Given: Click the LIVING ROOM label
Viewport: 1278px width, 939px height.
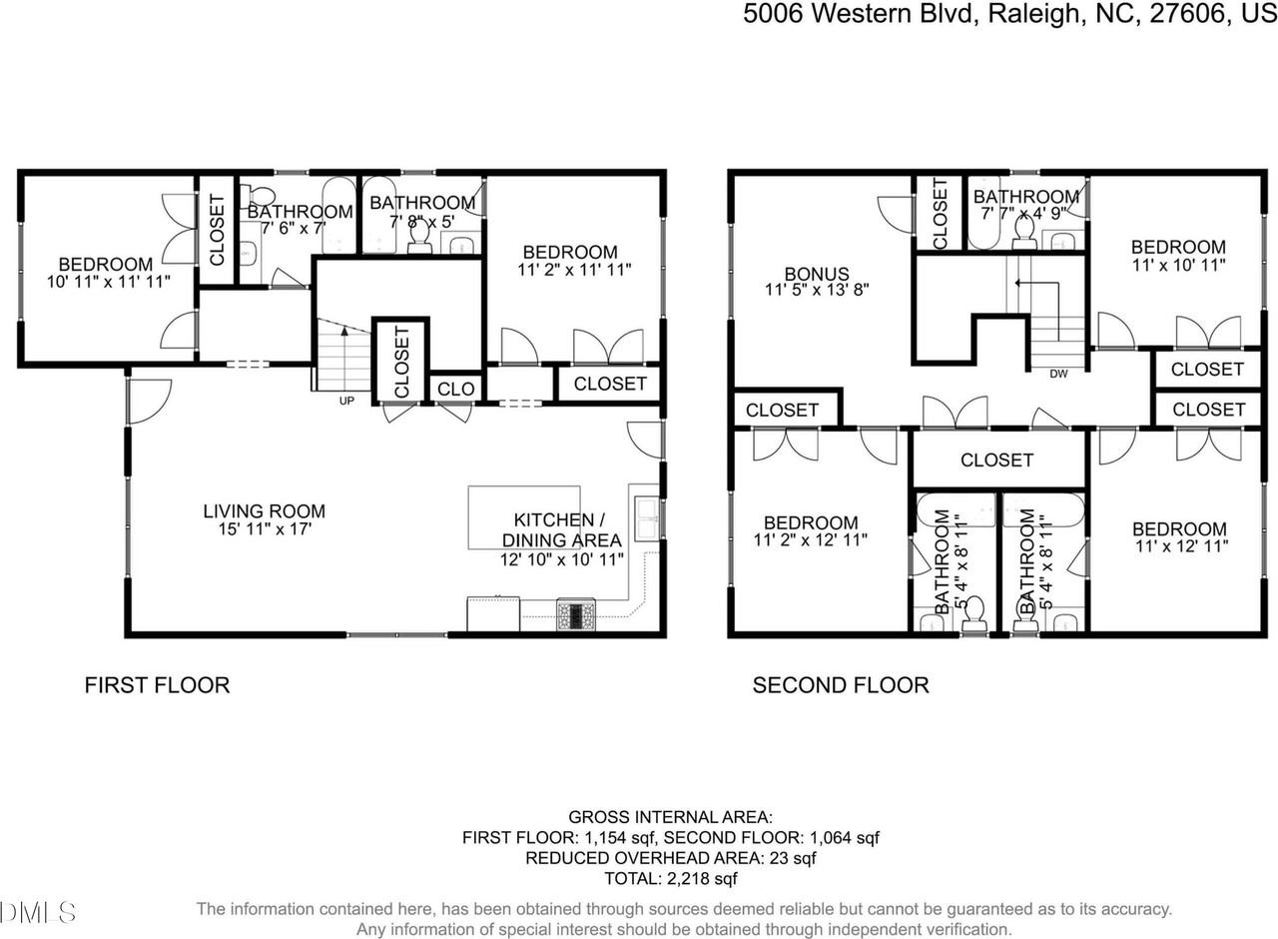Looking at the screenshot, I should pyautogui.click(x=264, y=510).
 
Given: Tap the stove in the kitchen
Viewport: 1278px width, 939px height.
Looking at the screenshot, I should pyautogui.click(x=575, y=613).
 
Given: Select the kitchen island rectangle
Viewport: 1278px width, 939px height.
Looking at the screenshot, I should pyautogui.click(x=524, y=516).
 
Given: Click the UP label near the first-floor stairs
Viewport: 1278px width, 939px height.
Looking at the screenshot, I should pyautogui.click(x=346, y=401).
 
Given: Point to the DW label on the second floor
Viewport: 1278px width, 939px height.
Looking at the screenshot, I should pyautogui.click(x=1057, y=375).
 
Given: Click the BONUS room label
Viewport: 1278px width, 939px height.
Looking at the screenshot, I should pyautogui.click(x=816, y=273).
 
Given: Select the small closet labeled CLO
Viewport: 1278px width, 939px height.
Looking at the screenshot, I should pyautogui.click(x=456, y=389).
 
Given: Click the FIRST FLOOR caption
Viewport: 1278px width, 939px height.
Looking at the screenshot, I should pyautogui.click(x=157, y=684).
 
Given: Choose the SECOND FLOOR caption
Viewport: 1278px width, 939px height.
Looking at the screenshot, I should pyautogui.click(x=840, y=684).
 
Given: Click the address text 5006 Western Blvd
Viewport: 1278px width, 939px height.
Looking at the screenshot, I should pyautogui.click(x=858, y=15).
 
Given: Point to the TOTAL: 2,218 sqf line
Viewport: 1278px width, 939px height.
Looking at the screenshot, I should pyautogui.click(x=670, y=879).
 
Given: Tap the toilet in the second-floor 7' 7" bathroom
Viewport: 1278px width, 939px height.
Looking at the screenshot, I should pyautogui.click(x=1024, y=232).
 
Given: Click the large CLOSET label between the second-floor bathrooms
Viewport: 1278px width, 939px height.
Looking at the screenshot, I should pyautogui.click(x=996, y=460).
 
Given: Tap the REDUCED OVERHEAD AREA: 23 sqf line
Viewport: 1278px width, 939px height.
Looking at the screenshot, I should pyautogui.click(x=670, y=858).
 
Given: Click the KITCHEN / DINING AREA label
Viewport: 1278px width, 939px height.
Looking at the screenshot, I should pyautogui.click(x=560, y=529).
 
